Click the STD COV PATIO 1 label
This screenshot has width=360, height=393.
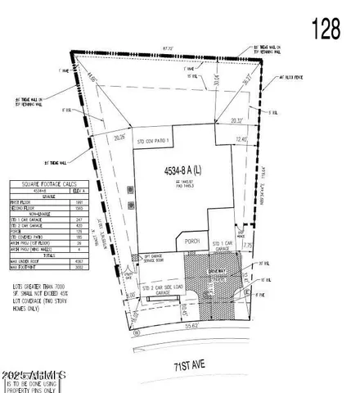pos(154,141)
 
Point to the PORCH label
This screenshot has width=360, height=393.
pos(192,242)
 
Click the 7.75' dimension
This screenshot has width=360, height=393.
pos(249,242)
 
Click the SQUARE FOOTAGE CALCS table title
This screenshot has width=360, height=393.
pos(47,184)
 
